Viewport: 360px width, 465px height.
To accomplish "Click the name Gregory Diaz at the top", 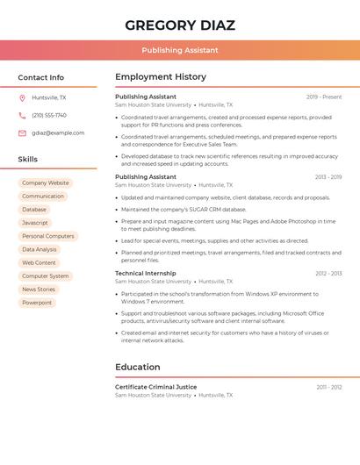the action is coord(180,25).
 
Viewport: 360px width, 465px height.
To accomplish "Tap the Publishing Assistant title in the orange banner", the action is coord(180,51).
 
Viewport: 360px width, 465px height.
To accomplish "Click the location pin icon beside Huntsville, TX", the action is coord(22,97).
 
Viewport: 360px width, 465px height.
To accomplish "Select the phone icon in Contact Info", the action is coord(22,115).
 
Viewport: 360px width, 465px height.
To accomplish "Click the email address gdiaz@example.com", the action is coord(58,132).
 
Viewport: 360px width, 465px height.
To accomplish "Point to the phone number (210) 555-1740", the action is coord(49,115).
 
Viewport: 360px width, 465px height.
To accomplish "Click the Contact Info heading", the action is coord(41,77).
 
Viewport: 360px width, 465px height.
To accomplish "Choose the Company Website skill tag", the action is coord(46,183).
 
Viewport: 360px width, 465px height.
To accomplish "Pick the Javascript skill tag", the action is coord(35,223).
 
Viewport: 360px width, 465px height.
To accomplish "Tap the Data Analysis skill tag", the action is coord(40,249).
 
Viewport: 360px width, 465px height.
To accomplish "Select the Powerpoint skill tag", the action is coord(37,303).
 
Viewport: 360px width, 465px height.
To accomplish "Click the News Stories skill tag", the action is coord(39,290).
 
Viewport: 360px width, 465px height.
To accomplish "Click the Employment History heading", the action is coord(161,77).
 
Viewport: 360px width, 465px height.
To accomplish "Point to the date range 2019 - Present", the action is coord(324,97).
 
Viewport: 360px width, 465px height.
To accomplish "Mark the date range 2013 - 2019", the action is coord(328,177).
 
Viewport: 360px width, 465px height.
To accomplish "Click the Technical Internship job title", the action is coord(146,274).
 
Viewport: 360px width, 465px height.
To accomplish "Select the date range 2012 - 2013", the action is coord(328,274).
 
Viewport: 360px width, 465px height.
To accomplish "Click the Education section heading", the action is coord(138,367).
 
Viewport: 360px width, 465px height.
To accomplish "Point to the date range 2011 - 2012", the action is coord(329,387).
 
